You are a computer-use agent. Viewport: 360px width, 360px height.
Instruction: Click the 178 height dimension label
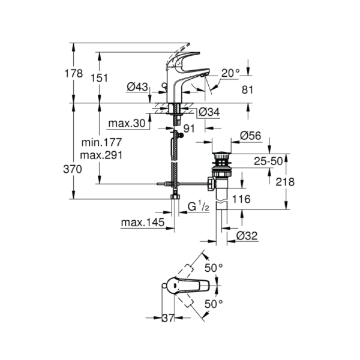click(x=73, y=74)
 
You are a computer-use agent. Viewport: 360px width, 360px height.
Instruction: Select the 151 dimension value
click(x=99, y=78)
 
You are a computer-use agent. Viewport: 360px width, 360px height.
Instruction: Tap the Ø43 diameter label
click(x=137, y=87)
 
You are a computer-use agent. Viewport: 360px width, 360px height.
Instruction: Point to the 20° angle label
click(x=230, y=73)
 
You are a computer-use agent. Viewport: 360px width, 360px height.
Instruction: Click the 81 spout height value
click(x=247, y=90)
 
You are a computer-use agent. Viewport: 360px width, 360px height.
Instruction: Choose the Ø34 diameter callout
click(x=209, y=112)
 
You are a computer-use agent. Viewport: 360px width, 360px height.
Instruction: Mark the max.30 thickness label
click(x=127, y=124)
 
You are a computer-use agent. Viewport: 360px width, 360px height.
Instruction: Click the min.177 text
click(x=101, y=143)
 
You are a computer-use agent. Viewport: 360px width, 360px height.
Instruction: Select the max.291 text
click(x=101, y=155)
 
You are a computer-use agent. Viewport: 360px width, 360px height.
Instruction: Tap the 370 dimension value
click(x=73, y=169)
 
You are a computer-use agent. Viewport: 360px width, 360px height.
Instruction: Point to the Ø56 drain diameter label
click(x=250, y=136)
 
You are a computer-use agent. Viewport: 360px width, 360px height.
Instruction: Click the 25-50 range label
click(x=268, y=161)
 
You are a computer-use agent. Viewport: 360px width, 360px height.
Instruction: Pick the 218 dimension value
click(x=285, y=182)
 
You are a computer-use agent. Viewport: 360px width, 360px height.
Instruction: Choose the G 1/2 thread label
click(x=199, y=206)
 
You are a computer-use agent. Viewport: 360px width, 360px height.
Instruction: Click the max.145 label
click(x=143, y=222)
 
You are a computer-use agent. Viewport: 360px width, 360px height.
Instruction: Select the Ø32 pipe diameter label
click(x=247, y=236)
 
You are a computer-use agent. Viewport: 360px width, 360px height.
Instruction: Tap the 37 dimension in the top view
click(x=168, y=318)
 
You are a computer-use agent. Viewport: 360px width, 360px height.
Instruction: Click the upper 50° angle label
click(x=214, y=268)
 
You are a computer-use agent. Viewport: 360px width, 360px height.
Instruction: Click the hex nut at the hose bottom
click(x=175, y=197)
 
